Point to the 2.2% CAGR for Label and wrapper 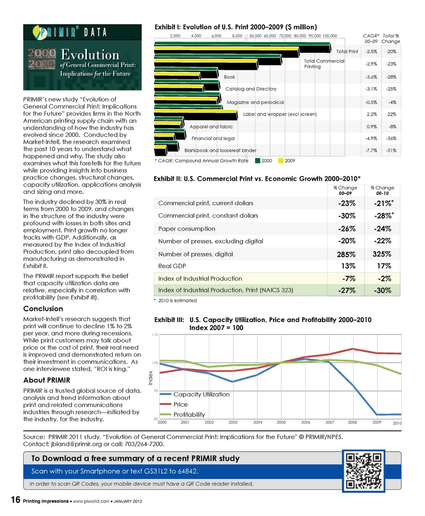coord(371,114)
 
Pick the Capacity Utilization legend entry coord(201,394)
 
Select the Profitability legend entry coord(189,415)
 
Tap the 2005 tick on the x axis coord(282,423)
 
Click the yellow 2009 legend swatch coord(280,161)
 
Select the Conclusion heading coord(43,309)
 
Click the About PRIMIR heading coord(46,380)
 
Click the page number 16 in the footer coord(15,500)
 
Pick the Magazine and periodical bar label coord(255,102)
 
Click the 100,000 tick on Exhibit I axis coord(329,35)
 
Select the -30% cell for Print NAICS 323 coord(382,291)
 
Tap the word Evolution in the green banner coord(90,55)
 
